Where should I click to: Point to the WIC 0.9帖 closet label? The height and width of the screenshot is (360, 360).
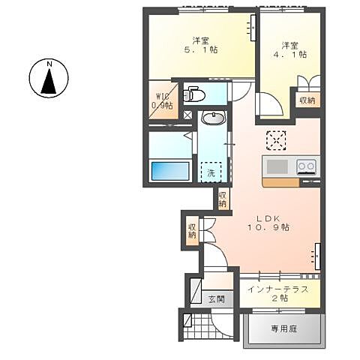tap(162, 100)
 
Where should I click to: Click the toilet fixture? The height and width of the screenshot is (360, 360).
tap(193, 94)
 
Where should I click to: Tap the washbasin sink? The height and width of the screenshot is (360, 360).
tap(213, 118)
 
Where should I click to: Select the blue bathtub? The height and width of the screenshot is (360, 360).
tap(171, 170)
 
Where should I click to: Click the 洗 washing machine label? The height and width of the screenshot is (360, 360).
tap(211, 172)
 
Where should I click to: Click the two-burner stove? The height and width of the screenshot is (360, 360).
tap(306, 166)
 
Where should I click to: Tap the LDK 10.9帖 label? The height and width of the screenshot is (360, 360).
tap(270, 221)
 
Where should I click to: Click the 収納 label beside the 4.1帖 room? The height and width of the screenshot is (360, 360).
tap(307, 100)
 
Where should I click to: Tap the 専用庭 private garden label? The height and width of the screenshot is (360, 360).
tap(285, 328)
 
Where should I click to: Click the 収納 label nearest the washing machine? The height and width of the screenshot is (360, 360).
tap(223, 199)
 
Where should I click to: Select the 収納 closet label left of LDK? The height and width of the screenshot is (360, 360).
tap(193, 229)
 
